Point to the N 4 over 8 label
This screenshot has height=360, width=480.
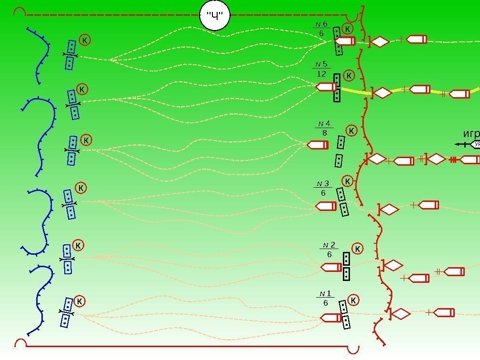[324, 129]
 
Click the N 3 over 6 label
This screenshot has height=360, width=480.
[323, 188]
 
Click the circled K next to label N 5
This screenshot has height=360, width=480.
[349, 75]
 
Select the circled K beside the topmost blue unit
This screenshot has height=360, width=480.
[84, 40]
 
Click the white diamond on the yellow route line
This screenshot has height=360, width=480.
[382, 93]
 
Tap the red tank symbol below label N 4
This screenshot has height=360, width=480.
[318, 145]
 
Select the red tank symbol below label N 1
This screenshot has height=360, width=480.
[331, 318]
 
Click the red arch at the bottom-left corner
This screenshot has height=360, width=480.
[21, 343]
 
